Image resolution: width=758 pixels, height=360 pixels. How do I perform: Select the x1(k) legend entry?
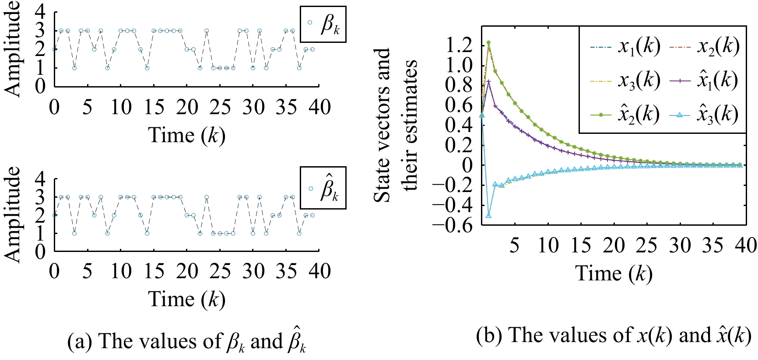625,47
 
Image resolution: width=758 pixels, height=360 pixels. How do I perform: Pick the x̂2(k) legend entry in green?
625,115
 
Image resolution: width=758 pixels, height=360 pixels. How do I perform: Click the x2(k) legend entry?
704,47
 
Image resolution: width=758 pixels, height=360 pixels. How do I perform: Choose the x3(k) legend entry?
625,81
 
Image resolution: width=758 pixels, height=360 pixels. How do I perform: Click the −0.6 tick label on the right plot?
453,224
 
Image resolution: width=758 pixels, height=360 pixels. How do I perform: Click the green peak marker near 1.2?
488,43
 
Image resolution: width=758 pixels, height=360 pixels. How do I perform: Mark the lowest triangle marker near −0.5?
488,216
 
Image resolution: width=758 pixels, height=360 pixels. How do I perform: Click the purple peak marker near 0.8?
488,82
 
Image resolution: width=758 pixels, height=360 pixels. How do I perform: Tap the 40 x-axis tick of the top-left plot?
319,108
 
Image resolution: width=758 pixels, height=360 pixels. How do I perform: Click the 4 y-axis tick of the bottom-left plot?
40,178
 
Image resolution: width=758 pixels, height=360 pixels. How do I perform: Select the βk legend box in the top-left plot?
323,24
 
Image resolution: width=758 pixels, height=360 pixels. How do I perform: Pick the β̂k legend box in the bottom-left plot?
323,188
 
